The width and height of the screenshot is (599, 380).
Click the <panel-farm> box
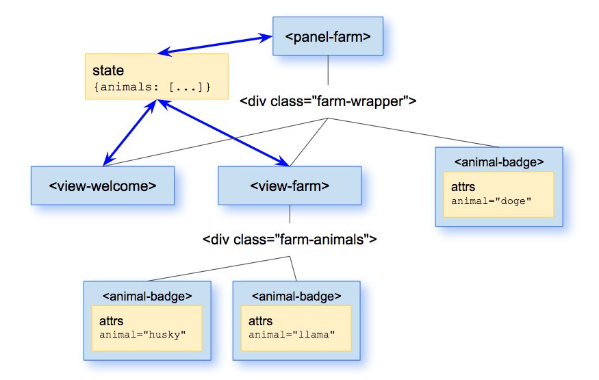click(328, 36)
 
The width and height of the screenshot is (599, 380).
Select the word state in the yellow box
click(108, 71)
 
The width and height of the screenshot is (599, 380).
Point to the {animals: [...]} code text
click(152, 87)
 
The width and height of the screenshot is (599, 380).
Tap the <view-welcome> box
click(103, 186)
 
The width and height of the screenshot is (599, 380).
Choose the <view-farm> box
click(290, 186)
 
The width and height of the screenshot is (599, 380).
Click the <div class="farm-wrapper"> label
click(328, 101)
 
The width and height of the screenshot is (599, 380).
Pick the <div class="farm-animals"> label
click(290, 240)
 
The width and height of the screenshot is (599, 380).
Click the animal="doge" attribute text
click(492, 201)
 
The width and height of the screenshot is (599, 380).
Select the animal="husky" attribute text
click(142, 335)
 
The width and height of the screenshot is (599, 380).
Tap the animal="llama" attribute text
click(292, 335)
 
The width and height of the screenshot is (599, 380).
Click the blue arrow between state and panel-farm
click(215, 45)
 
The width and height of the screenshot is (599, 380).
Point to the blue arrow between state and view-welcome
click(130, 133)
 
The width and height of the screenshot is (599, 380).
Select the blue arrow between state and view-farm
click(223, 133)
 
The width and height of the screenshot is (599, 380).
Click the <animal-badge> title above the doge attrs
click(499, 162)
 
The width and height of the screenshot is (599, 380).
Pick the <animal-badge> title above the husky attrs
click(147, 296)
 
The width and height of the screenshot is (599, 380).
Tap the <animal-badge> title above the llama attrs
click(296, 296)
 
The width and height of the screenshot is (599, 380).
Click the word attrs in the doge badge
click(463, 187)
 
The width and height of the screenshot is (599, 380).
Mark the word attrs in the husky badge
click(111, 321)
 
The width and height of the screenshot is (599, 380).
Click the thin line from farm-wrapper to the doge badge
click(413, 133)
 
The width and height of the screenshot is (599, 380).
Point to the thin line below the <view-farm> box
click(290, 214)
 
